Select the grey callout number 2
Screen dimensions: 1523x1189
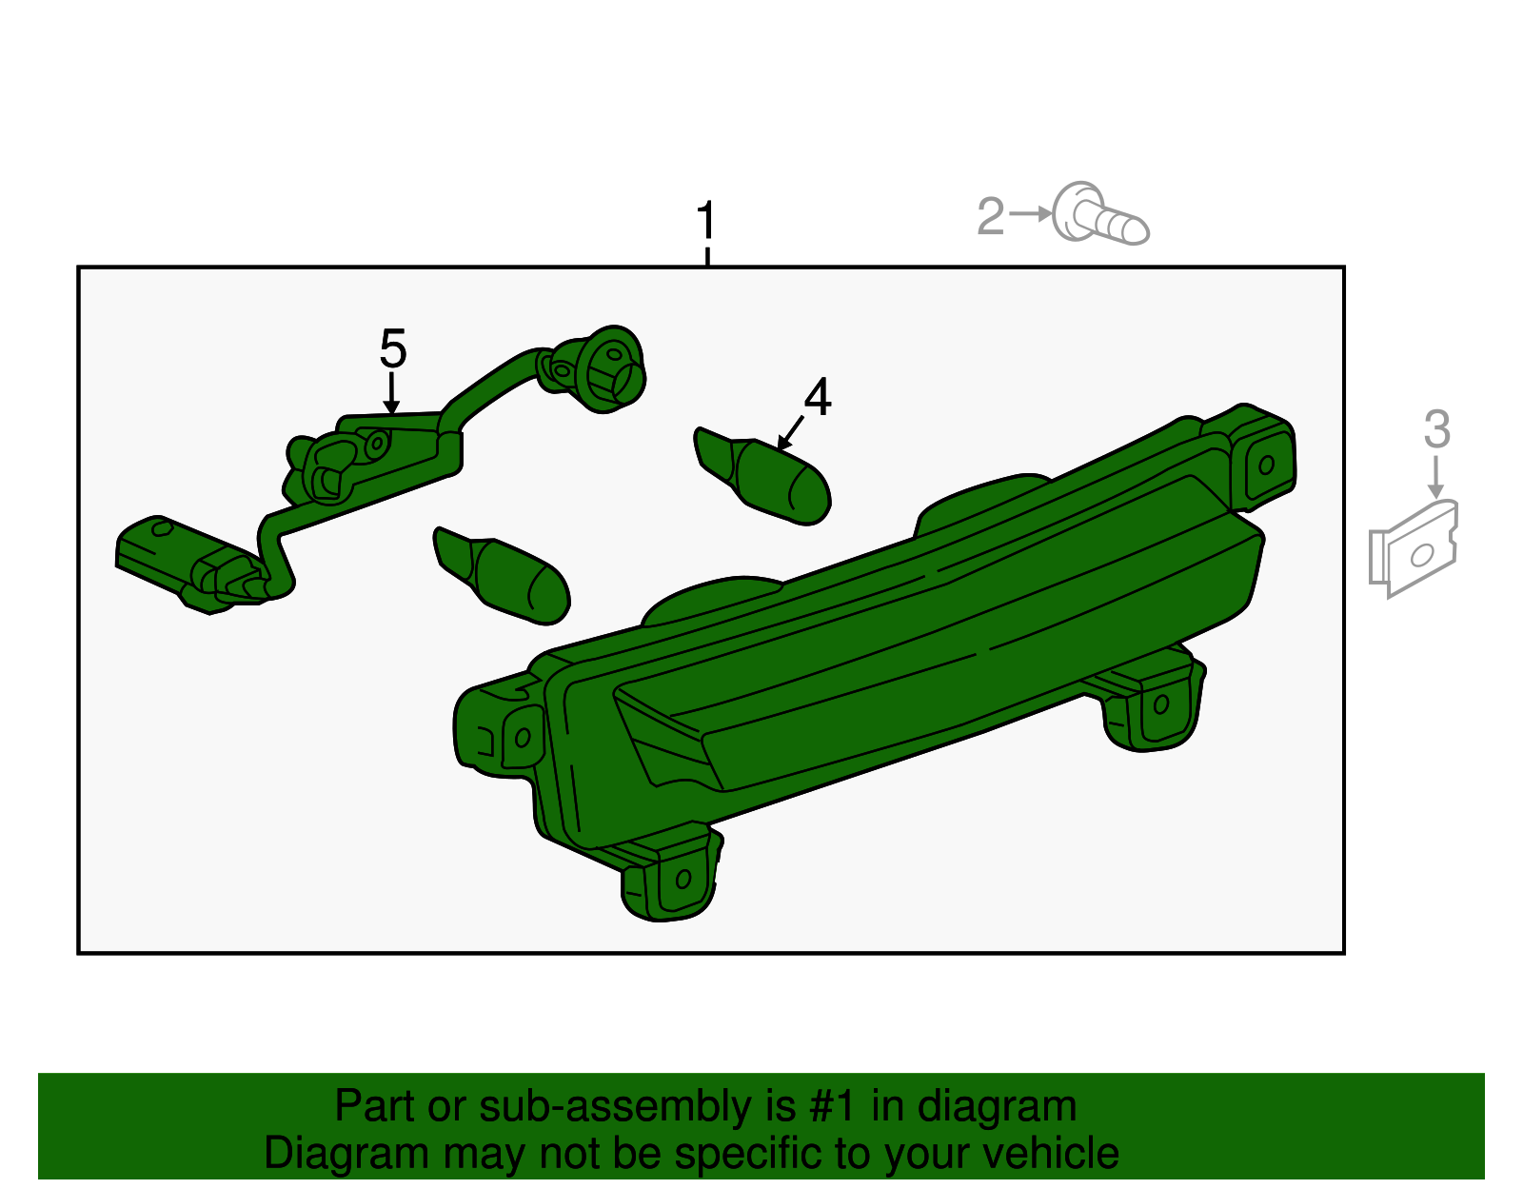[x=990, y=216]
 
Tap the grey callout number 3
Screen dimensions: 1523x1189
[x=1436, y=428]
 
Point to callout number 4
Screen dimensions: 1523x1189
[x=818, y=397]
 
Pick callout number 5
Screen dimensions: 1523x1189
[x=393, y=348]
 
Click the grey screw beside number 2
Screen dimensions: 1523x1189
[x=1100, y=213]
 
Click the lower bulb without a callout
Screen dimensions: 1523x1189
[x=502, y=576]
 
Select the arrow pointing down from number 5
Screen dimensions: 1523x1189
[x=392, y=393]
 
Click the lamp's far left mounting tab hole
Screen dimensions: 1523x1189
[x=523, y=737]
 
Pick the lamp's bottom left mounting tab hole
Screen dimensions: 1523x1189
[x=683, y=879]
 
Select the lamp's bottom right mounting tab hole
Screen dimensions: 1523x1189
[x=1161, y=704]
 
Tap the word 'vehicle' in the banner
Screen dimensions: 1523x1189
[x=1051, y=1154]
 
